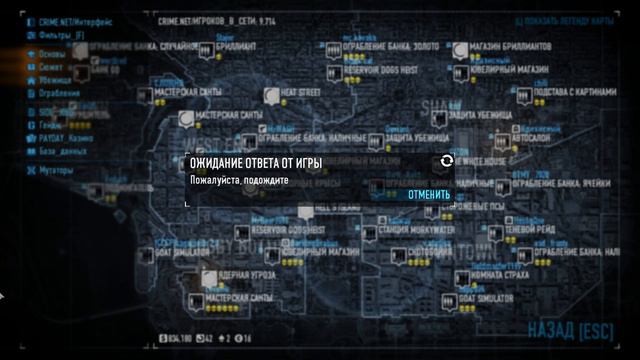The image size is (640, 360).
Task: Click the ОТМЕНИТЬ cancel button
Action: click(428, 194)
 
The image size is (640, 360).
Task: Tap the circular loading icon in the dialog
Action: click(446, 161)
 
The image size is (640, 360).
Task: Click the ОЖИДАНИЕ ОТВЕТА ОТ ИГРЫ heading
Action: click(256, 162)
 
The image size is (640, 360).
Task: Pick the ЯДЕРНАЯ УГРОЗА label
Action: click(243, 274)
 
